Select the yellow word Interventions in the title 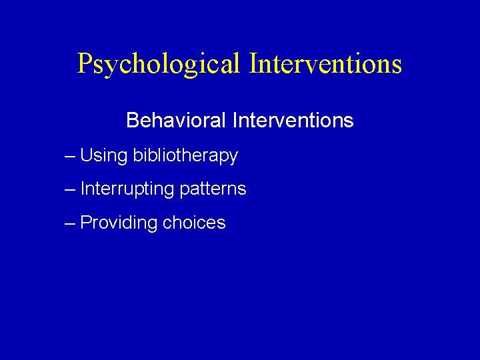(325, 63)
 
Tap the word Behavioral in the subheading (177, 121)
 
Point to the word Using (103, 155)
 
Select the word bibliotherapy (185, 156)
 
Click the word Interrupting (127, 189)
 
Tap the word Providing (117, 223)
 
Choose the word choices (193, 223)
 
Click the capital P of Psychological (85, 63)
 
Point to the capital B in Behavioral (132, 121)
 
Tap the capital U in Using (86, 155)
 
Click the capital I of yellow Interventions (254, 63)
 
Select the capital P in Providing (86, 222)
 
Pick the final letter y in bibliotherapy (233, 158)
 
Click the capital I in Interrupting (83, 189)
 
